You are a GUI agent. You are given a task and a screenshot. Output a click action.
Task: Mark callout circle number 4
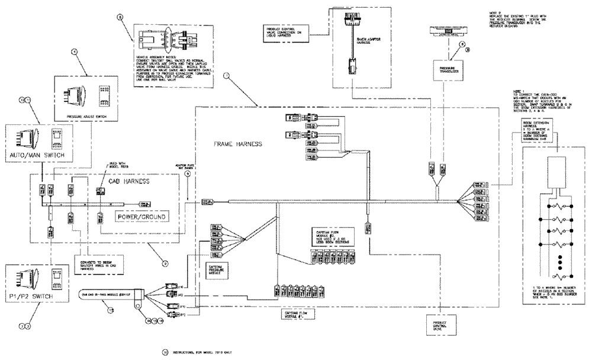pos(75,52)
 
